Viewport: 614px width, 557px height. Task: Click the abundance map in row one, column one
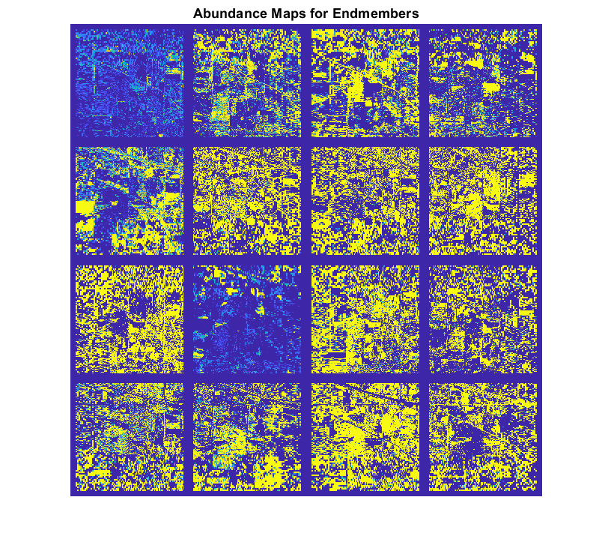point(130,82)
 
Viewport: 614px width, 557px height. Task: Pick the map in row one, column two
point(247,82)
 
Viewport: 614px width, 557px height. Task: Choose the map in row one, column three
point(365,82)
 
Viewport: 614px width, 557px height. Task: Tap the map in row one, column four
point(482,82)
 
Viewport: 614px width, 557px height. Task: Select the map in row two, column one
point(130,201)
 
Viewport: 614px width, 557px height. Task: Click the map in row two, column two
point(247,201)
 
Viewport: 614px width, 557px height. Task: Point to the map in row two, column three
point(365,201)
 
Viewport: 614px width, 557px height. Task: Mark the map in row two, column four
point(482,201)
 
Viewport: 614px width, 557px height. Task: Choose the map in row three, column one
point(130,319)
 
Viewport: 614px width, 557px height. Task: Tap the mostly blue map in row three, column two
point(247,319)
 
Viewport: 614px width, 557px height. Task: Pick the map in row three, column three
point(365,319)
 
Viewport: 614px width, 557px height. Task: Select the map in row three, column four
point(482,319)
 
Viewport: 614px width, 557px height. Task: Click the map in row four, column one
point(130,437)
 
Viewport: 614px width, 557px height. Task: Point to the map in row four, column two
point(247,437)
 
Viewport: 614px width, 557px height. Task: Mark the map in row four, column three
point(365,437)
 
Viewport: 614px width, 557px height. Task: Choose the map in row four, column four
point(482,437)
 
